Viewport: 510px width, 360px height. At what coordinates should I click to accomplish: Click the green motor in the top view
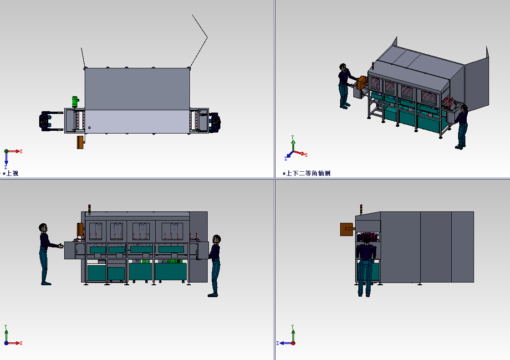[75, 102]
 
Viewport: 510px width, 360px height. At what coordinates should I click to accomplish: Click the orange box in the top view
[81, 142]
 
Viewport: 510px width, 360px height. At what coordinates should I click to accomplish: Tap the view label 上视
[12, 174]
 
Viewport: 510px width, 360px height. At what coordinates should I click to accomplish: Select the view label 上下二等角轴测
[308, 174]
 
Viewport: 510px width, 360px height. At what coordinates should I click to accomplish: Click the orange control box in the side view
[347, 229]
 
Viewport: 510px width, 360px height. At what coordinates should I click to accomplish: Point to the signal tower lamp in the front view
[89, 209]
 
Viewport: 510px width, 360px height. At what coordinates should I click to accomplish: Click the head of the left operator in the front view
[43, 227]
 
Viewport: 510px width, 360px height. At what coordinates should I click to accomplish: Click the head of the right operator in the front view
[217, 239]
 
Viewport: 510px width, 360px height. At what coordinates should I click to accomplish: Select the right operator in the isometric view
[461, 127]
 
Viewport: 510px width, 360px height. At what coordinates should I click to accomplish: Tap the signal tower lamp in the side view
[361, 209]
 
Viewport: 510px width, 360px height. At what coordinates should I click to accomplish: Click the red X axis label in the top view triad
[21, 151]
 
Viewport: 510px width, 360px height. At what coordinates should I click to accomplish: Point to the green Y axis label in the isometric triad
[293, 137]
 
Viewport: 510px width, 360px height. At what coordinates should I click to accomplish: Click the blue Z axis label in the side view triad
[277, 343]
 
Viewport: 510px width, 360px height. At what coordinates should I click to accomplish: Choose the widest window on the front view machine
[172, 231]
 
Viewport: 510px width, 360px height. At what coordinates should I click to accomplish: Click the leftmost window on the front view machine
[96, 231]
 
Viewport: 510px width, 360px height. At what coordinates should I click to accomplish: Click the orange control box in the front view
[80, 229]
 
